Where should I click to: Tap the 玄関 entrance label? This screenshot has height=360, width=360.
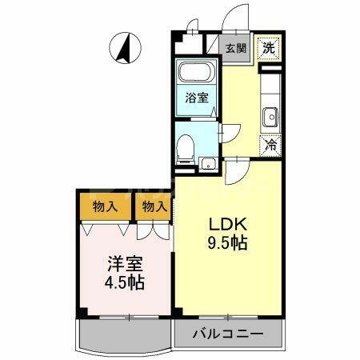tap(235, 47)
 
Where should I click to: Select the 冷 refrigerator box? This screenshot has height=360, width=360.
tap(270, 146)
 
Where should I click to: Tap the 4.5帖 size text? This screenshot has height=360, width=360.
tap(123, 282)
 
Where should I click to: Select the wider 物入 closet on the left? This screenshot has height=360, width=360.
tap(106, 206)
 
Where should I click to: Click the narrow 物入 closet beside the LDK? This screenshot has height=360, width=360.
tap(154, 206)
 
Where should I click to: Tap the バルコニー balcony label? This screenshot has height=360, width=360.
tap(226, 334)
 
